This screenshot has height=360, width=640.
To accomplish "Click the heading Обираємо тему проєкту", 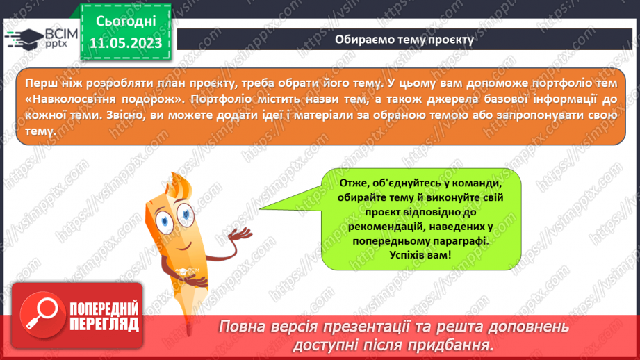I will [x=404, y=39].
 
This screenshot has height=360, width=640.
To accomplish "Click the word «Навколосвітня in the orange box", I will [x=66, y=97].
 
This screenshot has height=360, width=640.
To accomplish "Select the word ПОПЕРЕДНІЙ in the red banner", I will [x=104, y=309].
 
